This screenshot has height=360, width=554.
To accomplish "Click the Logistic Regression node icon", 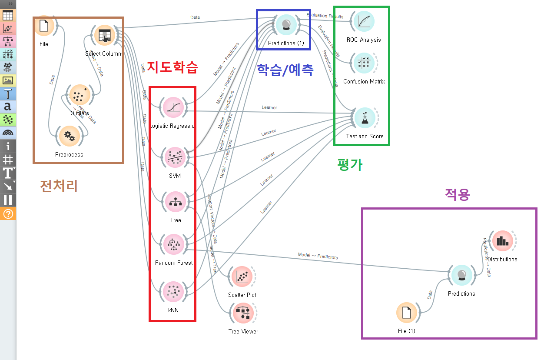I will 174,108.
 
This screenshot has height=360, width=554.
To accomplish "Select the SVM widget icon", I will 174,157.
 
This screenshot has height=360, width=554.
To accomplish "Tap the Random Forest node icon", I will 174,244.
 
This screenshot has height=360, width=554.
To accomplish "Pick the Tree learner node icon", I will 175,202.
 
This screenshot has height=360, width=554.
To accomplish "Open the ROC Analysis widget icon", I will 364,21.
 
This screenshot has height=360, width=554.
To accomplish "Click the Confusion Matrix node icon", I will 364,63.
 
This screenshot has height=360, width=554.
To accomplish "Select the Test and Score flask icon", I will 365,118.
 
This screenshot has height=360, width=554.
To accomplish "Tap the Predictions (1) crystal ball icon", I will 286,25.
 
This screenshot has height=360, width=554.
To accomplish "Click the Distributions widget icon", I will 502,241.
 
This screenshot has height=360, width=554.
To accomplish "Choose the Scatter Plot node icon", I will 242,277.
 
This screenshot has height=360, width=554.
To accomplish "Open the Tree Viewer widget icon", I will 243,313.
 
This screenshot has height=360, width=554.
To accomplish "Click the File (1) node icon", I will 407,313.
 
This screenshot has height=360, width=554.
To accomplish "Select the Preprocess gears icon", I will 69,136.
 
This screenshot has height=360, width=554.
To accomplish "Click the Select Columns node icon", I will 104,35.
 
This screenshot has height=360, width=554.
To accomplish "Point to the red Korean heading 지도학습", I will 172,67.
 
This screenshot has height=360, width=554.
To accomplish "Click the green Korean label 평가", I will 350,164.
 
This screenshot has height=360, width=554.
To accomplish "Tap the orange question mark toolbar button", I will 8,213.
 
